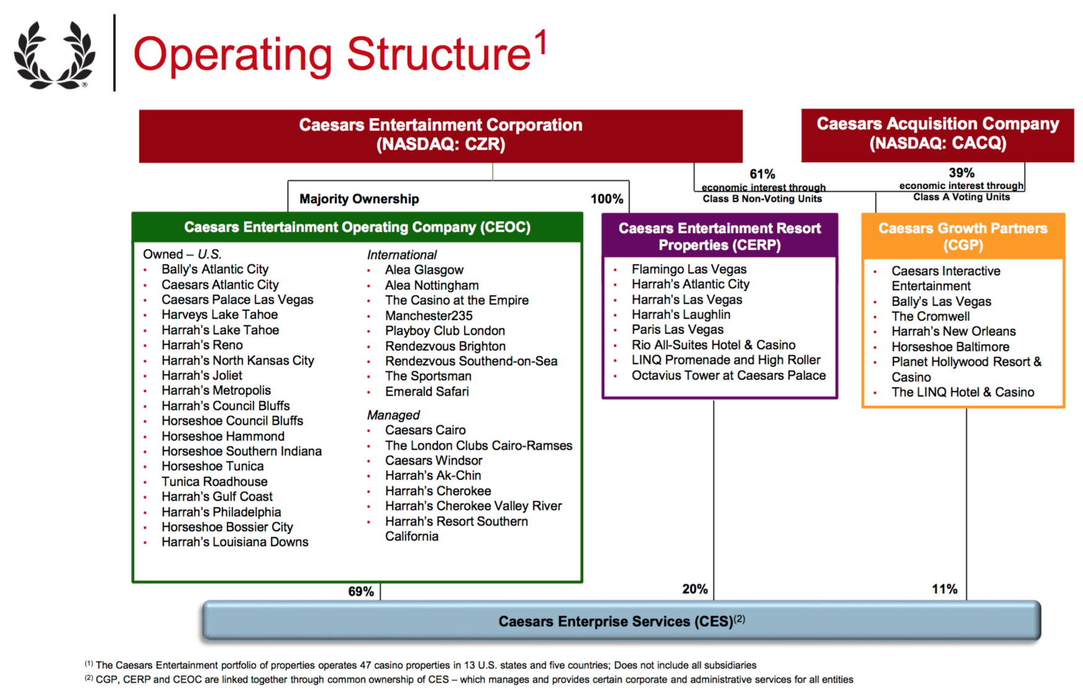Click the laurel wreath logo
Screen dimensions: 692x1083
click(55, 55)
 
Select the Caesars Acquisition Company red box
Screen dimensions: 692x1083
click(937, 134)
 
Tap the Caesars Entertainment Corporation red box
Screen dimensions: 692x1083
click(440, 135)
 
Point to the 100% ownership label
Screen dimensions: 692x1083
click(606, 199)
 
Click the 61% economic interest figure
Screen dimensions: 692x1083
click(762, 174)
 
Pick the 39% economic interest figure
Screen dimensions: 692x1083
click(961, 173)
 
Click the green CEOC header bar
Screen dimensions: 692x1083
click(357, 227)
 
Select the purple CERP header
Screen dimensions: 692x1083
click(719, 237)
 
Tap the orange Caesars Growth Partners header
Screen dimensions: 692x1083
click(963, 237)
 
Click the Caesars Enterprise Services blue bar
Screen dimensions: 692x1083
click(621, 621)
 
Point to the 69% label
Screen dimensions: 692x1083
click(361, 591)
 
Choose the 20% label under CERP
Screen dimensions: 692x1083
click(695, 589)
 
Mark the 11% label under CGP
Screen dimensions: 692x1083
click(945, 589)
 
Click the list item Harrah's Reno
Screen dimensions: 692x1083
click(202, 345)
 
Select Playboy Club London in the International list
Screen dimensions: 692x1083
click(445, 331)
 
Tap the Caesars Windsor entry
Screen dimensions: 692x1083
click(433, 461)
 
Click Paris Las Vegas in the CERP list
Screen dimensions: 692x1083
click(677, 330)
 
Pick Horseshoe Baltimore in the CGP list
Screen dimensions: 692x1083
click(950, 347)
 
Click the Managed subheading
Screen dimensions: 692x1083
click(393, 415)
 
